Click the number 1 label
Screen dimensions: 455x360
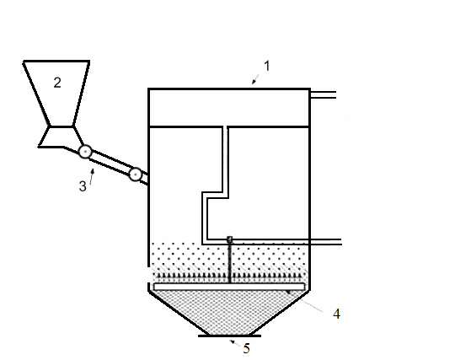coord(267,66)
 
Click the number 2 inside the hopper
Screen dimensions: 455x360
coord(57,83)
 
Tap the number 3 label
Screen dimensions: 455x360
coord(83,186)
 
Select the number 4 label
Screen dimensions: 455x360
coord(336,314)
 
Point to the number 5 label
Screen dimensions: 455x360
coord(246,348)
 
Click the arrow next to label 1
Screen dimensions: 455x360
coord(255,78)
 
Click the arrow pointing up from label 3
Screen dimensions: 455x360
coord(93,176)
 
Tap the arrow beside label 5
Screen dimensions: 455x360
coord(235,343)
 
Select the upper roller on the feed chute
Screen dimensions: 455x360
coord(85,152)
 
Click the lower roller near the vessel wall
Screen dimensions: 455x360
coord(135,175)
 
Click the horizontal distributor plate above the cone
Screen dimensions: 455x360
coord(229,287)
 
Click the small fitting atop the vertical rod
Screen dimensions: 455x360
coord(229,239)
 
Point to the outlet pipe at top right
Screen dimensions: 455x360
coord(323,94)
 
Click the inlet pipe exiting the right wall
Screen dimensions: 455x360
coord(325,242)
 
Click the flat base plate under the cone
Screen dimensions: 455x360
coord(229,336)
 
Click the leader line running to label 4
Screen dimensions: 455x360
coord(305,301)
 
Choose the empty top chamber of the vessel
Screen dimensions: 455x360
coord(229,107)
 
